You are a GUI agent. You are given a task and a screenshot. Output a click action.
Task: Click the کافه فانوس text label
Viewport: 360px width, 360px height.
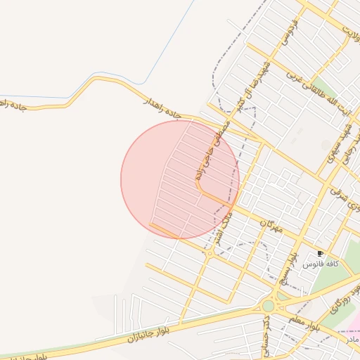pos(321,264)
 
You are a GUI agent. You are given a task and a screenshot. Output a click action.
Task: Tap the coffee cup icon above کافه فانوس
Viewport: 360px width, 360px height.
pos(321,253)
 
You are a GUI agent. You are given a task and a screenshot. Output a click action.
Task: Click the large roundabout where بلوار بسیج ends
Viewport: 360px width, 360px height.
pos(268,306)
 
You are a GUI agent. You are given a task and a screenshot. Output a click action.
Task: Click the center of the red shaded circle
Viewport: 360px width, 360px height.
pos(180,179)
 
